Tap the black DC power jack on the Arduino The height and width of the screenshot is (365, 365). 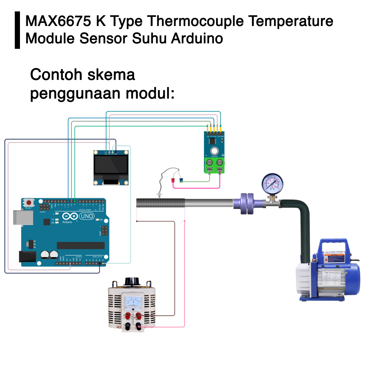[27, 257]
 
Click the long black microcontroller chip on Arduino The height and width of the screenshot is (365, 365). [81, 245]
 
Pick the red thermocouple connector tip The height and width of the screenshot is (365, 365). [173, 180]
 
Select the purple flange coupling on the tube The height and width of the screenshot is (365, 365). [246, 204]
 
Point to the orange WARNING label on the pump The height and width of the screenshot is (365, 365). [334, 255]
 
